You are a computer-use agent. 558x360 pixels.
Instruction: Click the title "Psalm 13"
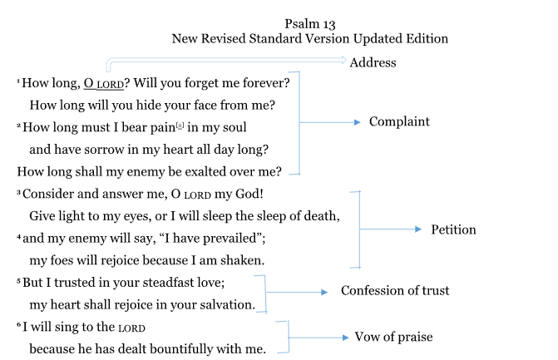310,24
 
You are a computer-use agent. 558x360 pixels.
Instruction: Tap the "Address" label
373,62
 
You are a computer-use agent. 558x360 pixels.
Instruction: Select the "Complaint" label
399,122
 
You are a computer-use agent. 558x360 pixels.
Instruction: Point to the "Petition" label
453,229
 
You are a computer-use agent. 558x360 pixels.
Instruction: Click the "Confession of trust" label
395,291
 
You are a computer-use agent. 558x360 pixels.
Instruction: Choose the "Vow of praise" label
393,337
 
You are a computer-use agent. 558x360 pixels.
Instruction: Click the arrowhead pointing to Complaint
358,122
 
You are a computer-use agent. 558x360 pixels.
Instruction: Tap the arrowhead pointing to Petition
418,229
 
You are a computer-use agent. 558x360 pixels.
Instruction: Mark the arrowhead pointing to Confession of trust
324,293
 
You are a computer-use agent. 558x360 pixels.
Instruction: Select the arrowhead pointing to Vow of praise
346,338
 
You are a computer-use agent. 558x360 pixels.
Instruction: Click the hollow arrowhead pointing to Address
343,60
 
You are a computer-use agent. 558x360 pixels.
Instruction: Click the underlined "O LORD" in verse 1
104,84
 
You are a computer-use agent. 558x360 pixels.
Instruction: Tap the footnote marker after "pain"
180,126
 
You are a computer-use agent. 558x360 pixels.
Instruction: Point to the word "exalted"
205,172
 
